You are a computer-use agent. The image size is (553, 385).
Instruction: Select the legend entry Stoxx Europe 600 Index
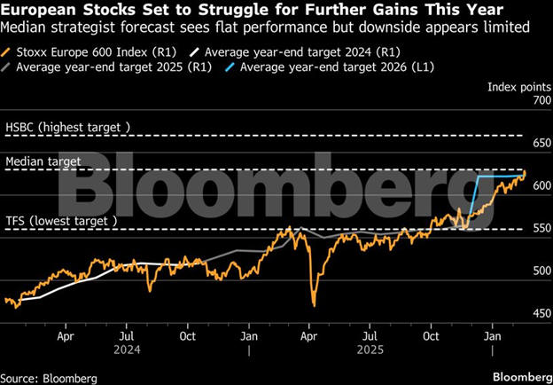tap(84, 51)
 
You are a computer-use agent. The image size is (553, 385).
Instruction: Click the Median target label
tap(43, 161)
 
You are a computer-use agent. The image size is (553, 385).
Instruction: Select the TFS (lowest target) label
tap(61, 220)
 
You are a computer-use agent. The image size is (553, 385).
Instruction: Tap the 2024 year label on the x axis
tap(126, 350)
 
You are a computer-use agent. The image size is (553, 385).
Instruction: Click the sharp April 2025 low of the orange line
tap(313, 305)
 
